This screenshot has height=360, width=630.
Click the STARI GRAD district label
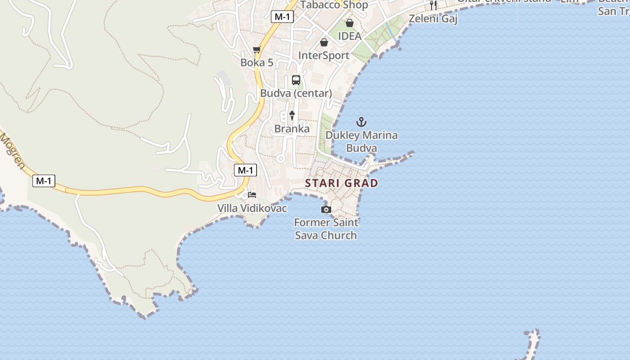coord(342,183)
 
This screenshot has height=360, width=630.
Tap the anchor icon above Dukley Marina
coord(361,122)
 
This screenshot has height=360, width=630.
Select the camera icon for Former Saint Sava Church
coord(326,209)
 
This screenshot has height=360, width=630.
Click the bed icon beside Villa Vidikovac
coord(252,195)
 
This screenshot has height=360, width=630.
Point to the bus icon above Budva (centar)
coord(296,80)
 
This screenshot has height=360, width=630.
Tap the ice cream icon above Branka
coord(292,116)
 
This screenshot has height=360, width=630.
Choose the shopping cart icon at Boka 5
coord(257,50)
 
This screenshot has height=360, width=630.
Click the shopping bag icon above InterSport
coord(324,42)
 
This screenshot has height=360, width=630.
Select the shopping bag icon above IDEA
coord(350,23)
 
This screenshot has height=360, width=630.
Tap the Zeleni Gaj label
coord(433,19)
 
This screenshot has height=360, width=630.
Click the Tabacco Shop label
coord(334,5)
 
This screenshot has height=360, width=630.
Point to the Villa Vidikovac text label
coord(252,208)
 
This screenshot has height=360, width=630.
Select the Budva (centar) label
coord(296,94)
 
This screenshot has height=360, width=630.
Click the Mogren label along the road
coord(12,151)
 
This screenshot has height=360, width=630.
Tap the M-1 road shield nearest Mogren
coord(44,181)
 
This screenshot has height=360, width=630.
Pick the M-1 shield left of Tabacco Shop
coord(283,17)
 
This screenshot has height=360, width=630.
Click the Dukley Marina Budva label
coord(362,141)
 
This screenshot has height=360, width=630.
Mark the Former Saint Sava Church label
coord(326,229)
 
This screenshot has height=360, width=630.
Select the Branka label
coord(292,129)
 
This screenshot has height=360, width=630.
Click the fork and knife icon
coord(433,5)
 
